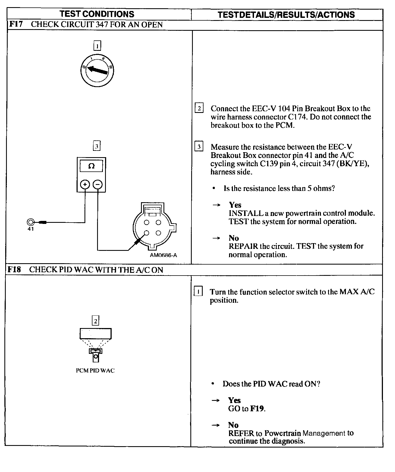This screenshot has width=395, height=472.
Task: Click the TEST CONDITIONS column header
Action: click(x=97, y=14)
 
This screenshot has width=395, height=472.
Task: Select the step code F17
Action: click(x=16, y=24)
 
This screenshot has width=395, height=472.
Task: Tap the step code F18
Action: click(x=14, y=269)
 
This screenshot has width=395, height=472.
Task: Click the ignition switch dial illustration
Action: click(x=97, y=70)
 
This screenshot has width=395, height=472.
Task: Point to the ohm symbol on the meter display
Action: click(x=91, y=166)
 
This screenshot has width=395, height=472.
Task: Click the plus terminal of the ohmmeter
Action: click(x=85, y=184)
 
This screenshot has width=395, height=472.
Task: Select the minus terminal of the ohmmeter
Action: click(x=98, y=184)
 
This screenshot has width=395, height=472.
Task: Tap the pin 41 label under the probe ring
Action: click(x=30, y=229)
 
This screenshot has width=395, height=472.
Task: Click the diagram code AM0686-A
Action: click(x=163, y=255)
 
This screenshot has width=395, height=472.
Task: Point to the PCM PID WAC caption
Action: click(x=95, y=370)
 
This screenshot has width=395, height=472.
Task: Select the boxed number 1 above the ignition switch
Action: click(x=97, y=46)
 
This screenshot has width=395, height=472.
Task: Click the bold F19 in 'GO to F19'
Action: click(x=257, y=409)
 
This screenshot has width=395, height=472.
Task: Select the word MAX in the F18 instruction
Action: click(x=349, y=292)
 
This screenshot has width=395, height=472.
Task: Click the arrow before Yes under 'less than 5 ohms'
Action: click(x=217, y=205)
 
